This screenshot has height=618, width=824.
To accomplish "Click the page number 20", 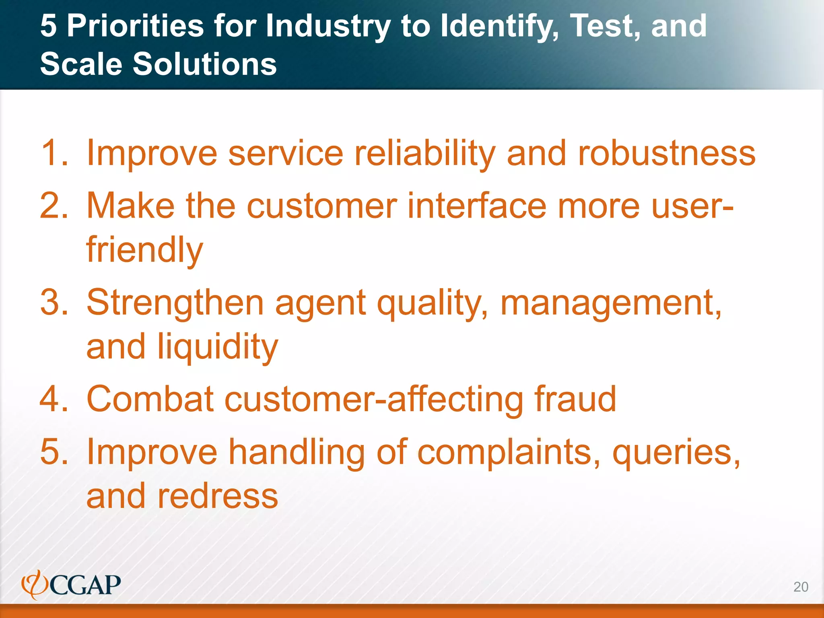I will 800,587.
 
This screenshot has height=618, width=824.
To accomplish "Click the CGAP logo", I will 71,585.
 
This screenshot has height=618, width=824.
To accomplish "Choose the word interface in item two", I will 477,206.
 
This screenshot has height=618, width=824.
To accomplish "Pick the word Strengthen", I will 175,303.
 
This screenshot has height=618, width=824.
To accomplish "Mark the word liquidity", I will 218,347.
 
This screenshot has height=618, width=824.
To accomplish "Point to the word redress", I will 218,496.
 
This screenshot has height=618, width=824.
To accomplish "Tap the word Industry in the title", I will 328,26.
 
